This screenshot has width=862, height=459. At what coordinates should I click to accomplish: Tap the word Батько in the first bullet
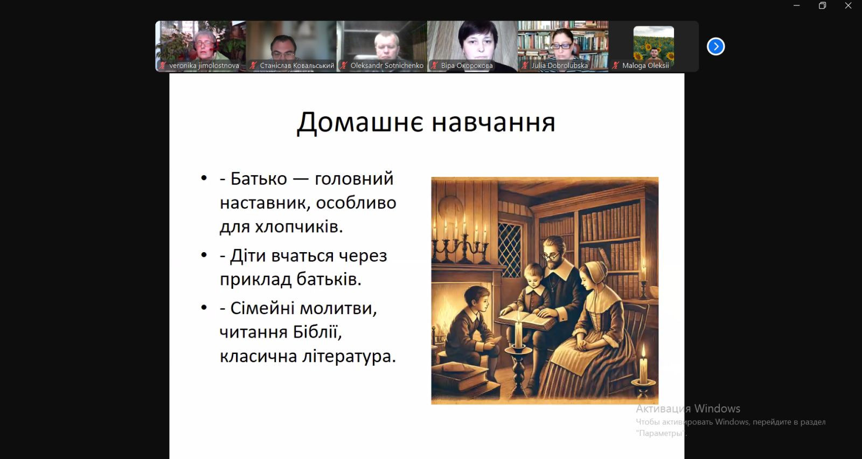point(259,179)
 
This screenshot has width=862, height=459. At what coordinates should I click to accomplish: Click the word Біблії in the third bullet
point(317,332)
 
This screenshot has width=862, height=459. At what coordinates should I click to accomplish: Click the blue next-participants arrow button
point(715,46)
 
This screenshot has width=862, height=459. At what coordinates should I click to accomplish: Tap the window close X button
point(848,5)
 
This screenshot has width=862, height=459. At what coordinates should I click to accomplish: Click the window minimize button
point(797,5)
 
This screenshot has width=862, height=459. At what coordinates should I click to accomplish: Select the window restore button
point(822,5)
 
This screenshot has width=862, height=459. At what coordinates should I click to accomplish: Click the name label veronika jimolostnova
point(204,66)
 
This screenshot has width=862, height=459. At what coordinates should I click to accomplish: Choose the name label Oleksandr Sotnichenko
point(387,66)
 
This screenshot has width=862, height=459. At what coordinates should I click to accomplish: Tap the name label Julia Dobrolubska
point(560,66)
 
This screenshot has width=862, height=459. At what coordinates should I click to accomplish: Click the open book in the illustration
point(526,320)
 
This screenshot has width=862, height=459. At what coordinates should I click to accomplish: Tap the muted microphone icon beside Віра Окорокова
point(434,66)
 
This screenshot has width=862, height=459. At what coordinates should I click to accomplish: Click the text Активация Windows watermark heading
point(688,408)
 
